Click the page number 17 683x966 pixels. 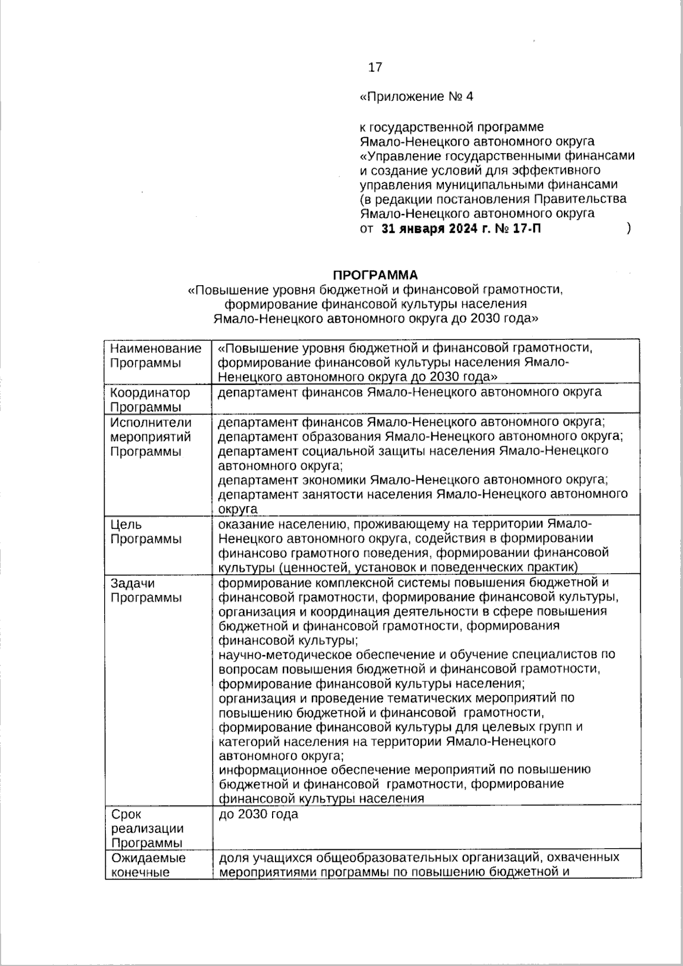(x=375, y=68)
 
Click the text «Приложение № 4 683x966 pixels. (x=417, y=97)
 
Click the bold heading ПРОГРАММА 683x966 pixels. (x=375, y=276)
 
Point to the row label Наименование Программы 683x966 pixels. (x=155, y=356)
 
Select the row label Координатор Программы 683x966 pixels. (x=150, y=400)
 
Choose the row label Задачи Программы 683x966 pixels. (x=145, y=590)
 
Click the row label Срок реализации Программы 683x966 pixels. (x=147, y=829)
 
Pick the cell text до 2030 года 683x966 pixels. (x=258, y=815)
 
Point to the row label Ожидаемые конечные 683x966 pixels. (x=148, y=865)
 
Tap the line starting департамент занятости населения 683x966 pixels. (x=423, y=494)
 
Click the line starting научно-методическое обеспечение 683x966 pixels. (x=417, y=655)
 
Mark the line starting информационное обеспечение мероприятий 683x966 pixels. (x=405, y=770)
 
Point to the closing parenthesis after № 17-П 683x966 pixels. (x=628, y=229)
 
